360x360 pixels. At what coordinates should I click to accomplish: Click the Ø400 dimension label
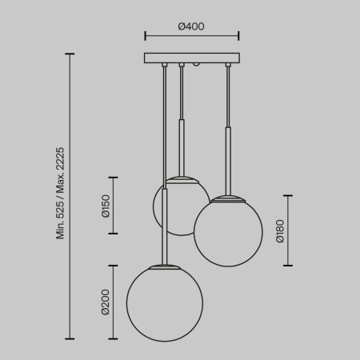click(191, 26)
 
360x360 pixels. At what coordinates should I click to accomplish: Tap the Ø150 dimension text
click(106, 206)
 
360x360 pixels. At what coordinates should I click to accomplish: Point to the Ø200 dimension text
click(106, 302)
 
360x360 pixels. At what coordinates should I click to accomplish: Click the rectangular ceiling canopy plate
click(192, 58)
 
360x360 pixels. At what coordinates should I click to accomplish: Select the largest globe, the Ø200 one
click(165, 302)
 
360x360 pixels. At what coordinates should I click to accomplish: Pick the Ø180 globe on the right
click(229, 232)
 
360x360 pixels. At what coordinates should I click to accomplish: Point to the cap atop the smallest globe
click(182, 177)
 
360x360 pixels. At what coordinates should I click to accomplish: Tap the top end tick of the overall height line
click(70, 54)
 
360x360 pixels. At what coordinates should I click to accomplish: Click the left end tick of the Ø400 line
click(145, 36)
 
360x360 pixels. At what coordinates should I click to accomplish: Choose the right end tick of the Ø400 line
click(238, 36)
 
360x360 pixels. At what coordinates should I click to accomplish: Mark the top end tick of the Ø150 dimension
click(113, 178)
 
